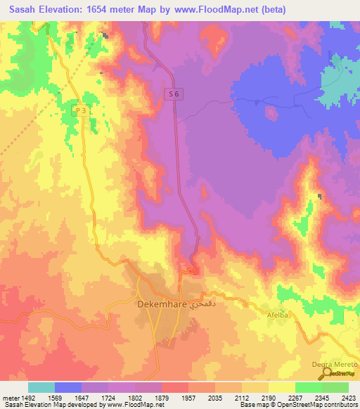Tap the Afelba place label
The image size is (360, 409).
pyautogui.click(x=276, y=316)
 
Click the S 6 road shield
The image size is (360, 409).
pyautogui.click(x=176, y=93)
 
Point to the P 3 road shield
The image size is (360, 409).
pyautogui.click(x=81, y=111)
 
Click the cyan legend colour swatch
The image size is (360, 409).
pyautogui.click(x=41, y=387)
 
